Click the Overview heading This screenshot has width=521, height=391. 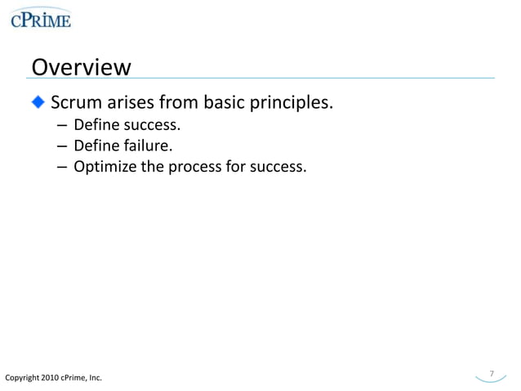pos(80,66)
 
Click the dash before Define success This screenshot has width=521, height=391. pos(62,126)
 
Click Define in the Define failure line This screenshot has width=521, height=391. pos(96,146)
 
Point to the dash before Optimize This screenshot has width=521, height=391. pos(62,168)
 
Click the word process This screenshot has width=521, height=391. pos(194,168)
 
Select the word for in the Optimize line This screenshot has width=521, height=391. pos(238,168)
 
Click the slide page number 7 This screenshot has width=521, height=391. pos(492,374)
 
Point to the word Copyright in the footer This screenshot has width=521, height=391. pos(21,378)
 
